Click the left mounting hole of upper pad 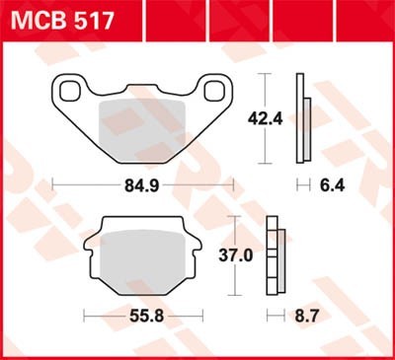(x=70, y=93)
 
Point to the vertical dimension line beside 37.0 (x=233, y=255)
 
